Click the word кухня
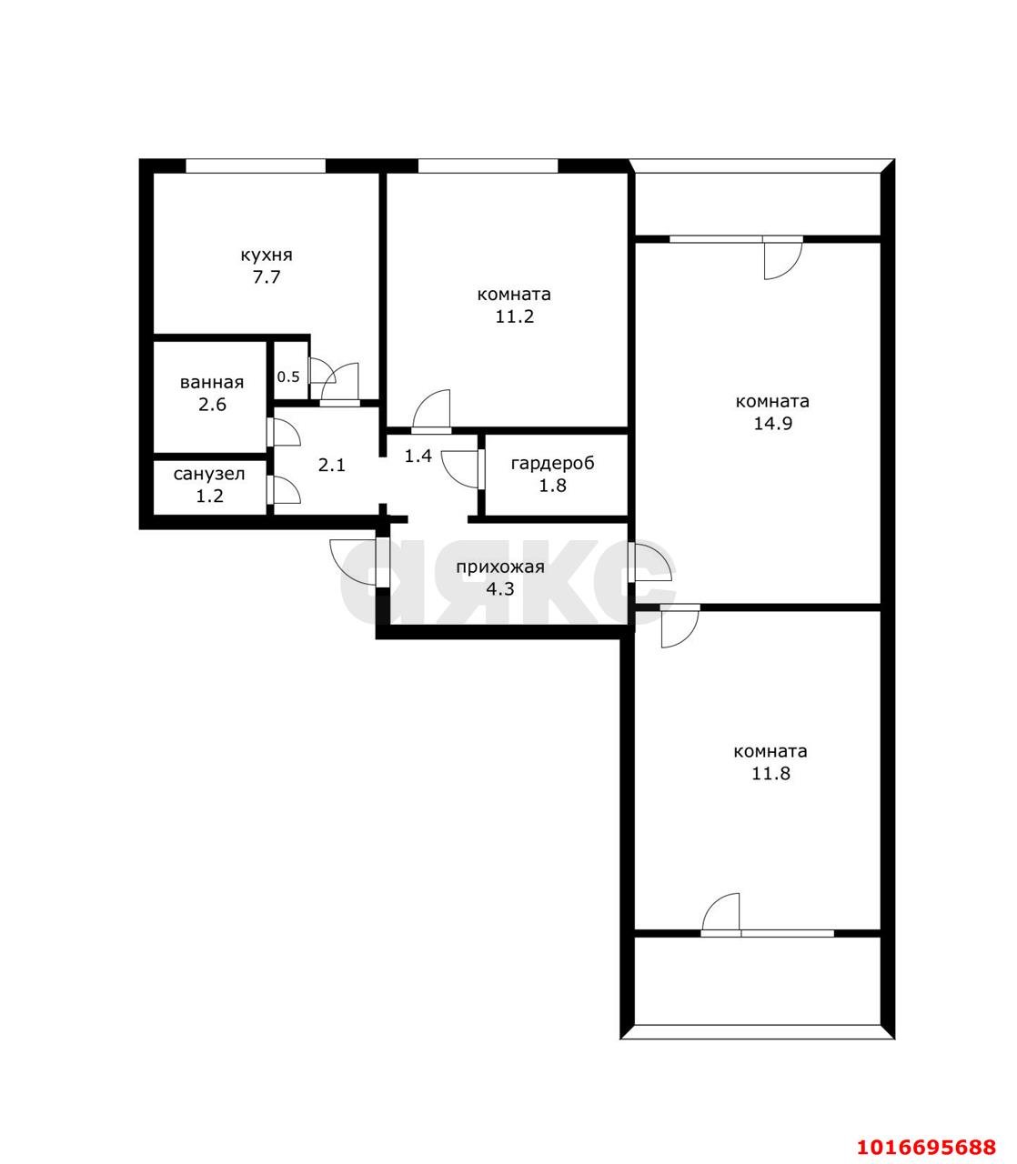point(267,256)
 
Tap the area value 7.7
point(267,277)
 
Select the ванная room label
point(212,383)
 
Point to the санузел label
point(209,474)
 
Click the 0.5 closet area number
point(288,376)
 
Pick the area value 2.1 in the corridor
point(332,466)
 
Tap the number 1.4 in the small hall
point(418,456)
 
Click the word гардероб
point(552,464)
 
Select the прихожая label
point(500,567)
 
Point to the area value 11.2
point(515,316)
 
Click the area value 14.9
point(773,423)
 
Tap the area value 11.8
point(771,774)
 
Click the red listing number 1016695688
point(927,1131)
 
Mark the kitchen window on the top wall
point(256,166)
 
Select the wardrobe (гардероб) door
point(461,469)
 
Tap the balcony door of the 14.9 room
point(783,257)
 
